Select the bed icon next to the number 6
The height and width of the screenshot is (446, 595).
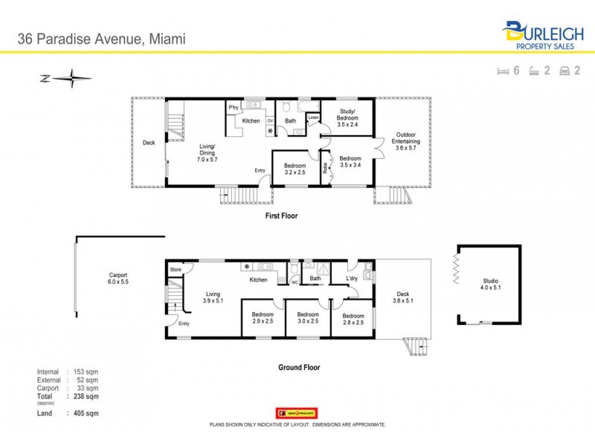(x=503, y=71)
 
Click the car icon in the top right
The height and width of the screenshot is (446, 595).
(x=565, y=71)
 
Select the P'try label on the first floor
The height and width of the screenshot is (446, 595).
(x=233, y=106)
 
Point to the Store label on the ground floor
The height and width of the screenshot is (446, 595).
(x=176, y=269)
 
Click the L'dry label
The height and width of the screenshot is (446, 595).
(x=353, y=279)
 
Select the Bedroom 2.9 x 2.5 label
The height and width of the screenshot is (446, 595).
(x=262, y=318)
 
